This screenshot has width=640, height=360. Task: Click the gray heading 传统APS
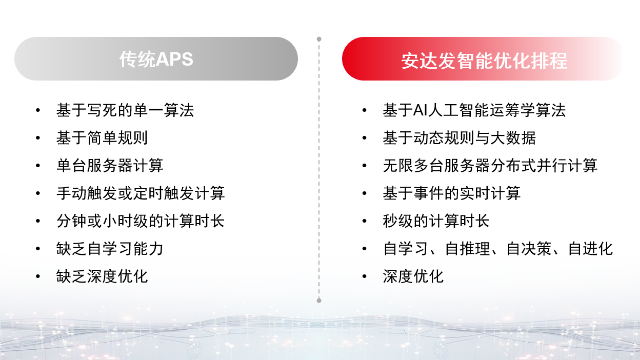point(156,59)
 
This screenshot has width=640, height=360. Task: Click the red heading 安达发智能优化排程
point(484,61)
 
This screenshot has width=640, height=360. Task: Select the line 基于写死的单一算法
point(125,110)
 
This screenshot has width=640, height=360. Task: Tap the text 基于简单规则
point(102,138)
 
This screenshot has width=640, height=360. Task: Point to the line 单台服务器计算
point(110,166)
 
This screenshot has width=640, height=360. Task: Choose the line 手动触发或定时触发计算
point(140,193)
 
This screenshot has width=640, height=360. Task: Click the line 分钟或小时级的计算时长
point(140,221)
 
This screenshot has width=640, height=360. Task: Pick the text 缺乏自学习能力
point(110,249)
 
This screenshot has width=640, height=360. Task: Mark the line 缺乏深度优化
point(102,276)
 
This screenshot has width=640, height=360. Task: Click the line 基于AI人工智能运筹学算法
point(474,110)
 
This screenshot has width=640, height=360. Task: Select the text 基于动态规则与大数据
point(459,138)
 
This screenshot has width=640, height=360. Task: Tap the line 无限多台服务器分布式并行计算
point(490,166)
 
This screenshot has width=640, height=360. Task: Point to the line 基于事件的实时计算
point(451,193)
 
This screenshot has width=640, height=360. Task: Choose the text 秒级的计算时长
point(436,221)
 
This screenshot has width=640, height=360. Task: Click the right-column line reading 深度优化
point(413,276)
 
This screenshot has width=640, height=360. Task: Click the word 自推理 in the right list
point(467,249)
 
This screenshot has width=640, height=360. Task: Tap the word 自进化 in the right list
point(590,249)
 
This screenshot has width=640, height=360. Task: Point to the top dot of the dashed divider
point(319,39)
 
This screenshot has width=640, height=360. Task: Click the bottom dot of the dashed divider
point(319,300)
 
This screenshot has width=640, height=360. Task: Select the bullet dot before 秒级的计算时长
point(364,221)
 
